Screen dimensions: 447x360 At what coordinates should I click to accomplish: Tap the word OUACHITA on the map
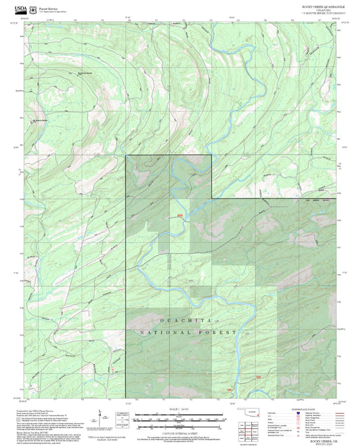coord(181,319)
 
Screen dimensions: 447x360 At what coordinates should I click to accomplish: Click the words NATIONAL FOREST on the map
coord(187,332)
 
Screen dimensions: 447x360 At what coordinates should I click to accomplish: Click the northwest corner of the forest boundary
coord(126,156)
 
